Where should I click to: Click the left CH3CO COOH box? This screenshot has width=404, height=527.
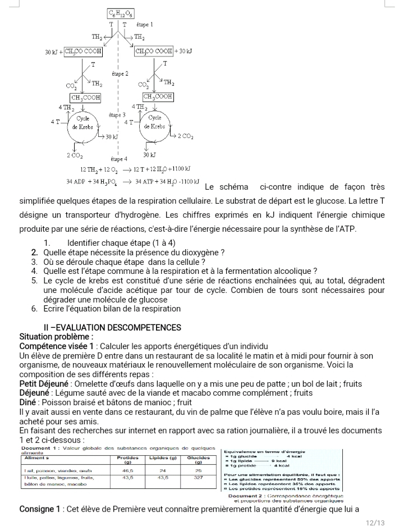[x=83, y=52]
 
